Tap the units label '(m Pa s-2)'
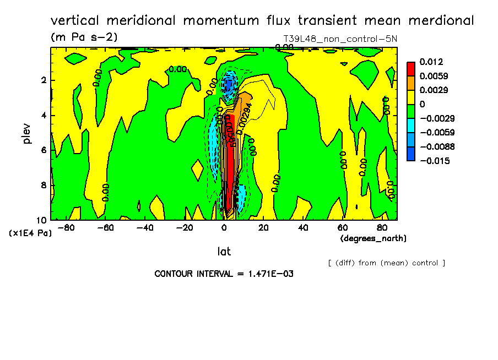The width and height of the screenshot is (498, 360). (84, 37)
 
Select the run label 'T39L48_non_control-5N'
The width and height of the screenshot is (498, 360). (340, 40)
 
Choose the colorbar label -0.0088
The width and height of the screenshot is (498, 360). (435, 146)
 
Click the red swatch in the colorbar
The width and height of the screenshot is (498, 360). (410, 69)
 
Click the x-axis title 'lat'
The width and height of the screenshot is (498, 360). (224, 252)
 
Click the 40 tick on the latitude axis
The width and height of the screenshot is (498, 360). (302, 227)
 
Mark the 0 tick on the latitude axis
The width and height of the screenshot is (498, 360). (224, 227)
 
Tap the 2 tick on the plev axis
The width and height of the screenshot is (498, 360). (43, 80)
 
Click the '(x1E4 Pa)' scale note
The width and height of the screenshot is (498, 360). (31, 233)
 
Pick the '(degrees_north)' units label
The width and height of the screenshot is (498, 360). (373, 238)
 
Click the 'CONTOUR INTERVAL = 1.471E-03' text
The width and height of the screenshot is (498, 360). (224, 274)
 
